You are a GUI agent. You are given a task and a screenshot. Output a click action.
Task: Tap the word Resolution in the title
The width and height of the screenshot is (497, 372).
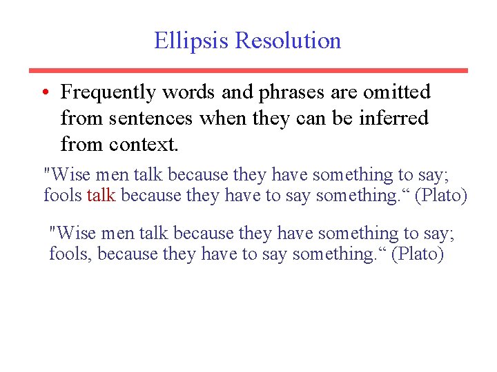click(288, 41)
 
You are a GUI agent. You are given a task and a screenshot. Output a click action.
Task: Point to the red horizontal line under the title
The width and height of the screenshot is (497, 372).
click(248, 70)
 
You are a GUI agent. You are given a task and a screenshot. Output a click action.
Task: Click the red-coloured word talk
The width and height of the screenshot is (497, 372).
click(101, 196)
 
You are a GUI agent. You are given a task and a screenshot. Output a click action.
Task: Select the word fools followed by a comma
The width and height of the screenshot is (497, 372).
click(71, 254)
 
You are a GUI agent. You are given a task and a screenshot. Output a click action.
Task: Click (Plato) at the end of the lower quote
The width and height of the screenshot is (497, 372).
click(418, 254)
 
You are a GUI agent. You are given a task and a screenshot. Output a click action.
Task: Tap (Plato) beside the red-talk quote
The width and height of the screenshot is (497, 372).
click(441, 196)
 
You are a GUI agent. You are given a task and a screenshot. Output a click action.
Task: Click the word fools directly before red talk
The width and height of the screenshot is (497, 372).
click(63, 196)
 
